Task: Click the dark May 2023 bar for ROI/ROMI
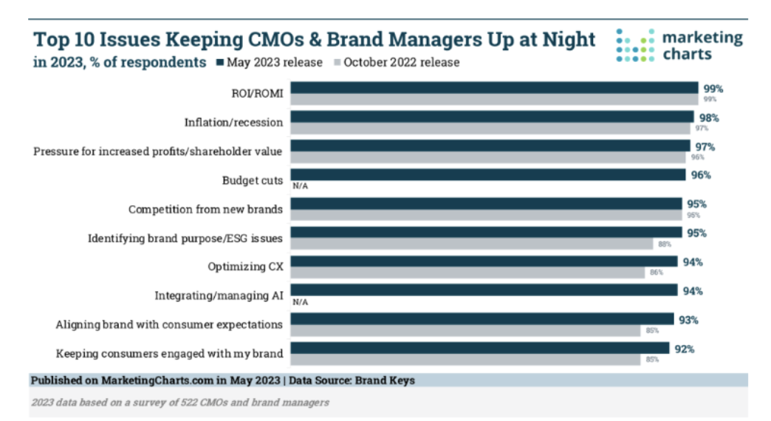coord(493,89)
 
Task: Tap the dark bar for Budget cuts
coord(487,175)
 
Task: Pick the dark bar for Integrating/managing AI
coord(484,290)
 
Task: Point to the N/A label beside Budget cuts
coord(300,186)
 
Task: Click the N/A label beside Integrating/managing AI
coord(300,302)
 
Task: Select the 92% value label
coord(684,349)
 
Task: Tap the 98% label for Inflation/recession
coord(709,117)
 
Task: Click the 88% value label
coord(665,244)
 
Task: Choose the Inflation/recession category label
coord(233,123)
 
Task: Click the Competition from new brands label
coord(205,210)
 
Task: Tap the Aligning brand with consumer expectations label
coord(170,325)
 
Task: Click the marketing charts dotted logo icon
coord(635,46)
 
